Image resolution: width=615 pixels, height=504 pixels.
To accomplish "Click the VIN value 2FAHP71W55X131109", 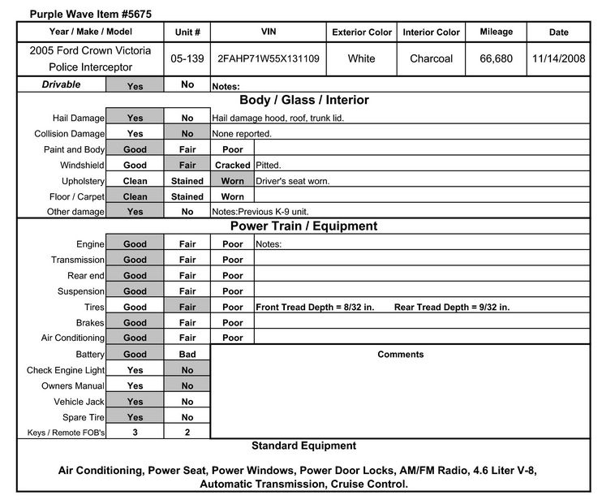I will coord(269,58).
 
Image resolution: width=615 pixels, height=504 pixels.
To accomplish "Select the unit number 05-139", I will coord(187,58).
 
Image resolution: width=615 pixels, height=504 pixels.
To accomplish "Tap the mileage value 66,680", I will coord(496,58).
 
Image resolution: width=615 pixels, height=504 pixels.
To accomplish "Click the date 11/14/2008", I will coord(559,58).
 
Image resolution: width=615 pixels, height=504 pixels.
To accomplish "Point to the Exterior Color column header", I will coord(362,32).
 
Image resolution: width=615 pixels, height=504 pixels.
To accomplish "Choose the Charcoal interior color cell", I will coord(431,58).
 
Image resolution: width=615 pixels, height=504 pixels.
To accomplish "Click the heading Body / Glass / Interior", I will coord(303,100).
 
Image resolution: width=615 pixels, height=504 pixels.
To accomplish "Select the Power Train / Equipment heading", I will coord(303,226).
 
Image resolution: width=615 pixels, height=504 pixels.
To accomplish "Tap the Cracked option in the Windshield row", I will coord(232,165).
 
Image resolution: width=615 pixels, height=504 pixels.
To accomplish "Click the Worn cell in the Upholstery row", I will coord(232,181).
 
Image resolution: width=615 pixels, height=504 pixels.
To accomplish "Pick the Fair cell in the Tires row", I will coord(187,308).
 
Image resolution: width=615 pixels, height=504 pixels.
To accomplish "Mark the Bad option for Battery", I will coord(187,355).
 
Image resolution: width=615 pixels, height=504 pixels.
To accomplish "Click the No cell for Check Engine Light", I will coord(187,370).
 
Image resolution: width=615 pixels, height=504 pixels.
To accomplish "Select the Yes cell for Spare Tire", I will coord(135,417).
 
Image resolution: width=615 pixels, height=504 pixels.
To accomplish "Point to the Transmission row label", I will coord(78,260).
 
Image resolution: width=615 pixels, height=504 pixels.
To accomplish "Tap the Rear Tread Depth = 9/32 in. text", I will coord(452,308).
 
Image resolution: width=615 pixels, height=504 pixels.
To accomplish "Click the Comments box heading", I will coord(400,355).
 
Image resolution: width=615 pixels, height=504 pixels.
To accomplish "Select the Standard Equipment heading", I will coord(303,446).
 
